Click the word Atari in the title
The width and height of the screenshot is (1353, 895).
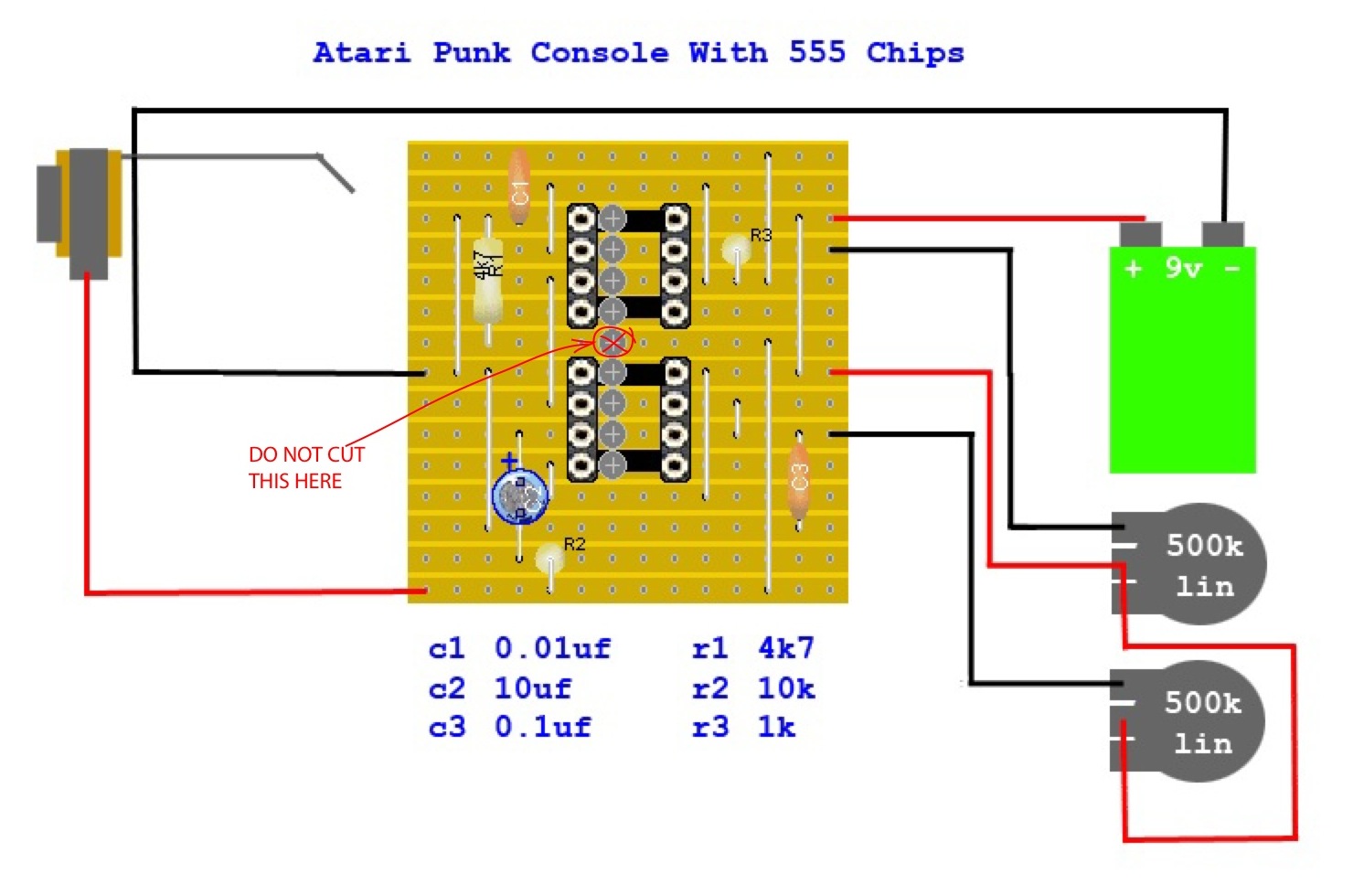point(361,52)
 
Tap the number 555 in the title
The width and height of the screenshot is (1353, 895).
point(817,52)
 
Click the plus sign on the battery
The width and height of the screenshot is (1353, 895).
point(1133,269)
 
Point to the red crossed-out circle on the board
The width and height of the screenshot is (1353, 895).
point(613,343)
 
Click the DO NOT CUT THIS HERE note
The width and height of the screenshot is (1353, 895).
point(305,467)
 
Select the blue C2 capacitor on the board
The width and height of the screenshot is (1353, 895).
point(519,497)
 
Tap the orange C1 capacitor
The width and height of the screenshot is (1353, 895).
point(519,188)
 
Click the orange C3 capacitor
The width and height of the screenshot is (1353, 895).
point(799,480)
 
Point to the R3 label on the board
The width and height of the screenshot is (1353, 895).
point(761,235)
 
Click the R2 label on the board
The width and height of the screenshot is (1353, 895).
point(574,544)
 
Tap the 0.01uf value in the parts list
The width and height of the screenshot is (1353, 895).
point(552,648)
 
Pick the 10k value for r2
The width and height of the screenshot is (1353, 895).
point(785,687)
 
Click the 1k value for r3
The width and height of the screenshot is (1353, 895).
point(776,728)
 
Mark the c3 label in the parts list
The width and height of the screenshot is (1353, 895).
point(447,728)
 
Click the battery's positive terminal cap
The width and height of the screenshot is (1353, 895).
point(1140,234)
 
